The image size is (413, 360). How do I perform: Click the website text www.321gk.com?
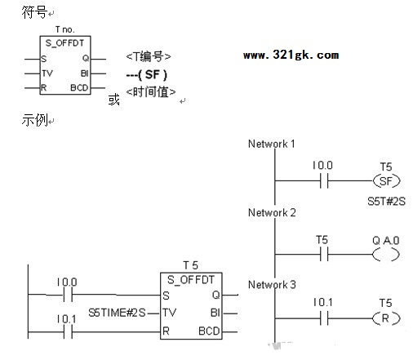point(291,56)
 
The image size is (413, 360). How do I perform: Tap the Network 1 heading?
point(271,144)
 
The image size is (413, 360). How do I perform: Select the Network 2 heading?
point(272,212)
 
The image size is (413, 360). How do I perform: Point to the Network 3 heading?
point(272,285)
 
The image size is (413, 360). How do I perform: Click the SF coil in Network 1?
point(386,181)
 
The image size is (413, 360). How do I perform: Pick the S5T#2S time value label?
point(386,202)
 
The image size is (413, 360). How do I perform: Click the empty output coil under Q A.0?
point(386,255)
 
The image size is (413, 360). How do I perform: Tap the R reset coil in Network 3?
point(386,318)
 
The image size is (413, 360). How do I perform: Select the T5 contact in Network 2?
point(324,255)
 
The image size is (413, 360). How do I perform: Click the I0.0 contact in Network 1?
point(324,180)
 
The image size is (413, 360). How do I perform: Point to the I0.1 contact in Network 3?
point(324,318)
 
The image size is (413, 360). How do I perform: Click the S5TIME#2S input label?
point(117,313)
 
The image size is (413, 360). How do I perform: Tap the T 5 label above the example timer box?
point(190,265)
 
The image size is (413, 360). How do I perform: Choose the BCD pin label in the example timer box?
point(209,331)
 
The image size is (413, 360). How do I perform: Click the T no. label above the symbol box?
point(64,29)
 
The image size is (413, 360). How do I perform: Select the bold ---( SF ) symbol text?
point(147,74)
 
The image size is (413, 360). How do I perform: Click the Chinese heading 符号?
point(34,12)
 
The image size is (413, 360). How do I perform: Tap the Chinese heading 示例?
point(34,120)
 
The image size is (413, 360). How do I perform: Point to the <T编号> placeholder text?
point(149,56)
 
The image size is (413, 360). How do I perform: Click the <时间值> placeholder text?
point(151,92)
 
